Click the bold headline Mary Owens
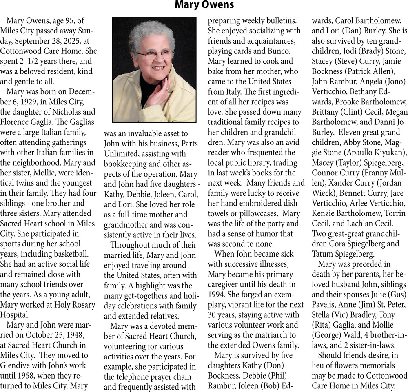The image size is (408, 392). click(204, 5)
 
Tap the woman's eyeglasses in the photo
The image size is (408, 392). click(154, 54)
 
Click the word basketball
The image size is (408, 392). click(67, 255)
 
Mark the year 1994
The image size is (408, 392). click(217, 294)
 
